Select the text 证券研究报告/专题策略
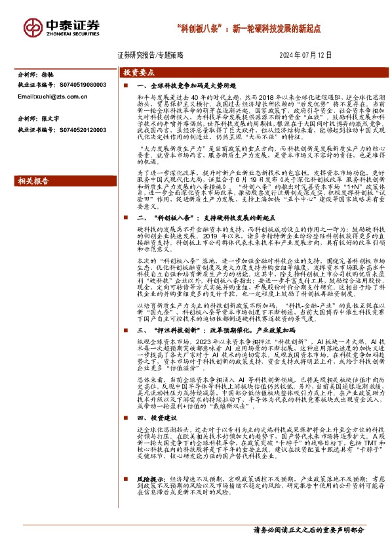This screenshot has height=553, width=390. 151,55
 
